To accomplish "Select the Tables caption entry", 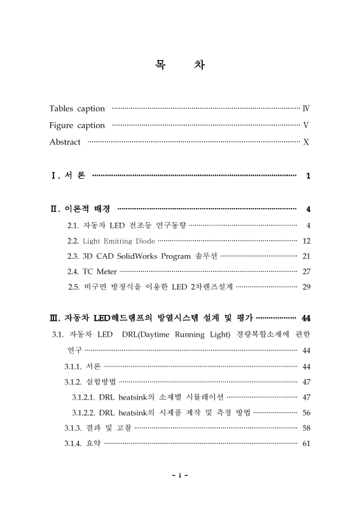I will (x=77, y=109).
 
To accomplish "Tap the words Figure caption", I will (x=77, y=125).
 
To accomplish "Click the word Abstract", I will (x=65, y=142).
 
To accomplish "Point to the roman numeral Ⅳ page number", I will (x=306, y=109).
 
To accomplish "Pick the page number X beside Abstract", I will (x=307, y=142).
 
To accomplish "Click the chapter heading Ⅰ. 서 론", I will (x=68, y=176).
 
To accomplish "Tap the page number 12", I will (x=306, y=241).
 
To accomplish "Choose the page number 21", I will (x=306, y=256).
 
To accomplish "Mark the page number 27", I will (x=306, y=272).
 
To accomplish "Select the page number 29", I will (x=306, y=287).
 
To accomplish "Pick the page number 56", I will (x=306, y=412).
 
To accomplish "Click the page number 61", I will (x=306, y=443).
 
